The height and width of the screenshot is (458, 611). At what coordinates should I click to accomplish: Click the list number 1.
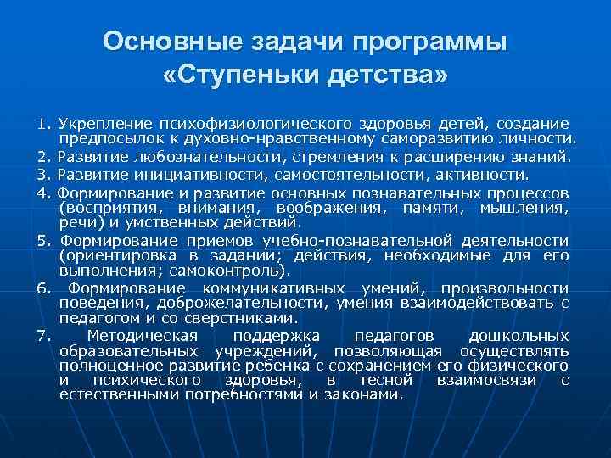pos(43,125)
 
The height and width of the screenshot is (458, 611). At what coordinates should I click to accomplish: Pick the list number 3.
pos(43,176)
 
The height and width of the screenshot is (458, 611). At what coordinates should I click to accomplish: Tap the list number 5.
pos(43,240)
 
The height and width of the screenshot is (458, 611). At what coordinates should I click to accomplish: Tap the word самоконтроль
pos(242,271)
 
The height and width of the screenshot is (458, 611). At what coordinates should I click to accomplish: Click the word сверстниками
pos(253,318)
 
